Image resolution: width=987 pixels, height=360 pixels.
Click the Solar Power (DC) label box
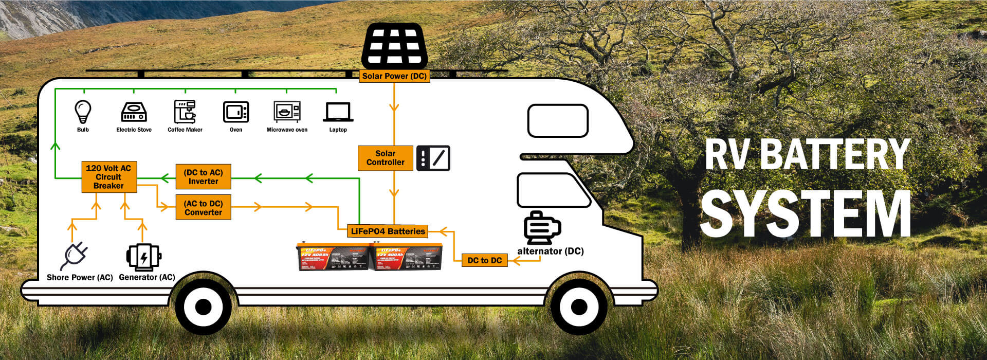[394, 76]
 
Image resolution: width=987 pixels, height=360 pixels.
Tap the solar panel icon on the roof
[395, 46]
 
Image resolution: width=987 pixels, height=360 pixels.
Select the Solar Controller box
[385, 158]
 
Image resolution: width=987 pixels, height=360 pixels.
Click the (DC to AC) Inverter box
[203, 177]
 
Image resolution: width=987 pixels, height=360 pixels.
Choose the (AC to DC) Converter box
[203, 207]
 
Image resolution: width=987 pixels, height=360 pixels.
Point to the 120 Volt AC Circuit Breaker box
[109, 177]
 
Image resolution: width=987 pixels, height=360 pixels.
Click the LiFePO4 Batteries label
[388, 231]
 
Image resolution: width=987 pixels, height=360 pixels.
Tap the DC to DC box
[484, 260]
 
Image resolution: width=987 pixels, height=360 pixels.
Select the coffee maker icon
[185, 112]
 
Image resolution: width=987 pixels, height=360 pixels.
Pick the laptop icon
[338, 112]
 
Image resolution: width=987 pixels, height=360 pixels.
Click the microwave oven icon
[287, 112]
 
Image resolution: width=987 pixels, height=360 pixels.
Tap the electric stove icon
[134, 112]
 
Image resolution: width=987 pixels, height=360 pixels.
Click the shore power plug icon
[74, 256]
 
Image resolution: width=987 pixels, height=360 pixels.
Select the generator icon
[143, 257]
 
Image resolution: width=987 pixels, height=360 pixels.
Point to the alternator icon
[542, 228]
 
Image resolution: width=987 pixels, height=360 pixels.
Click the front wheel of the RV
[579, 307]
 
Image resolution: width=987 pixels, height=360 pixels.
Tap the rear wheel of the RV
[204, 307]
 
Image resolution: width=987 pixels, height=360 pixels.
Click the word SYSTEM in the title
[805, 214]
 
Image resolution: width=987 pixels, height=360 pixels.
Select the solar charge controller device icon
[433, 158]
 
